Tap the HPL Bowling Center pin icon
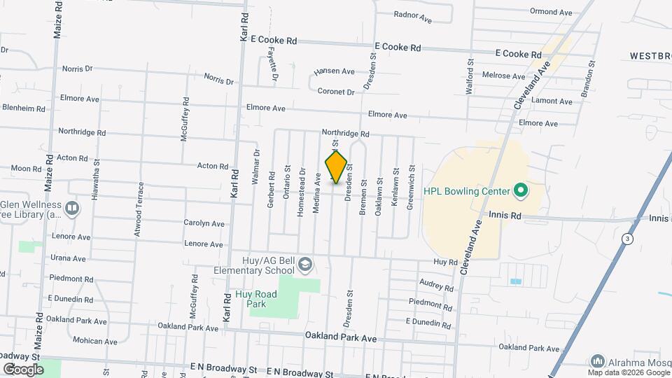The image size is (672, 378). click(520, 190)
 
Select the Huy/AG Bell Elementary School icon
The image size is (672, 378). click(304, 264)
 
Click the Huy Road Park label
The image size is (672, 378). click(255, 299)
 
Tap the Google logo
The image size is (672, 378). click(23, 369)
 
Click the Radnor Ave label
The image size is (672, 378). click(412, 16)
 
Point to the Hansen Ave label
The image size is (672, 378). click(334, 71)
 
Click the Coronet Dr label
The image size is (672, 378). click(337, 92)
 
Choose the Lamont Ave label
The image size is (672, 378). click(552, 101)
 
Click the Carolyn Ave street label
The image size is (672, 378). click(204, 224)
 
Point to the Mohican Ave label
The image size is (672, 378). click(95, 341)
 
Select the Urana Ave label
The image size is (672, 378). click(68, 258)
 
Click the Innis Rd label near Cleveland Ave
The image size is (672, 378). click(505, 216)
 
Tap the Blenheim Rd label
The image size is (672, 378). click(24, 108)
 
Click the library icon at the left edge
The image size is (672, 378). click(72, 208)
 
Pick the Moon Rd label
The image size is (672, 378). click(27, 169)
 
